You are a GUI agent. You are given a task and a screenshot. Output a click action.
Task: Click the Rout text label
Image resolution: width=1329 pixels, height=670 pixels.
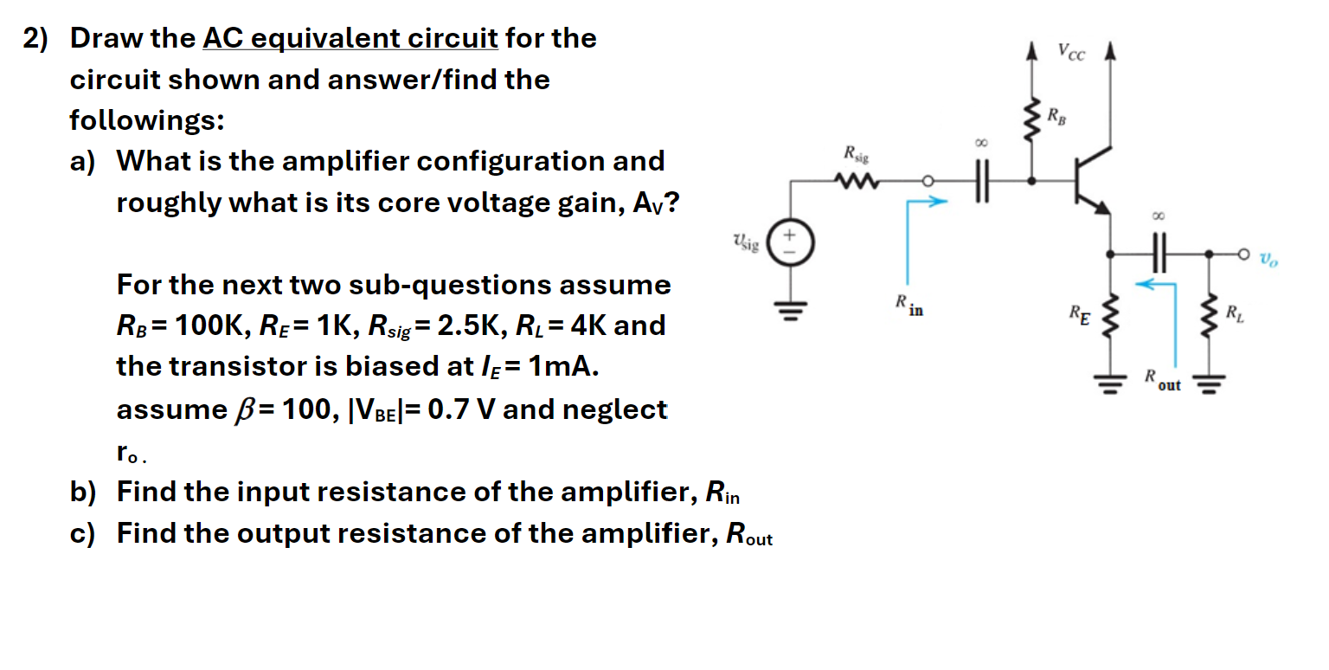tap(1162, 379)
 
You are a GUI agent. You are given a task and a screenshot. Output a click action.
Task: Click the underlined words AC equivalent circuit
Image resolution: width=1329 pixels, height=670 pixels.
tap(350, 39)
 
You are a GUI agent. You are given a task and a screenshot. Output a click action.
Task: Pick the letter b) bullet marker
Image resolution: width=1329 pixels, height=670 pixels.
tap(83, 493)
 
